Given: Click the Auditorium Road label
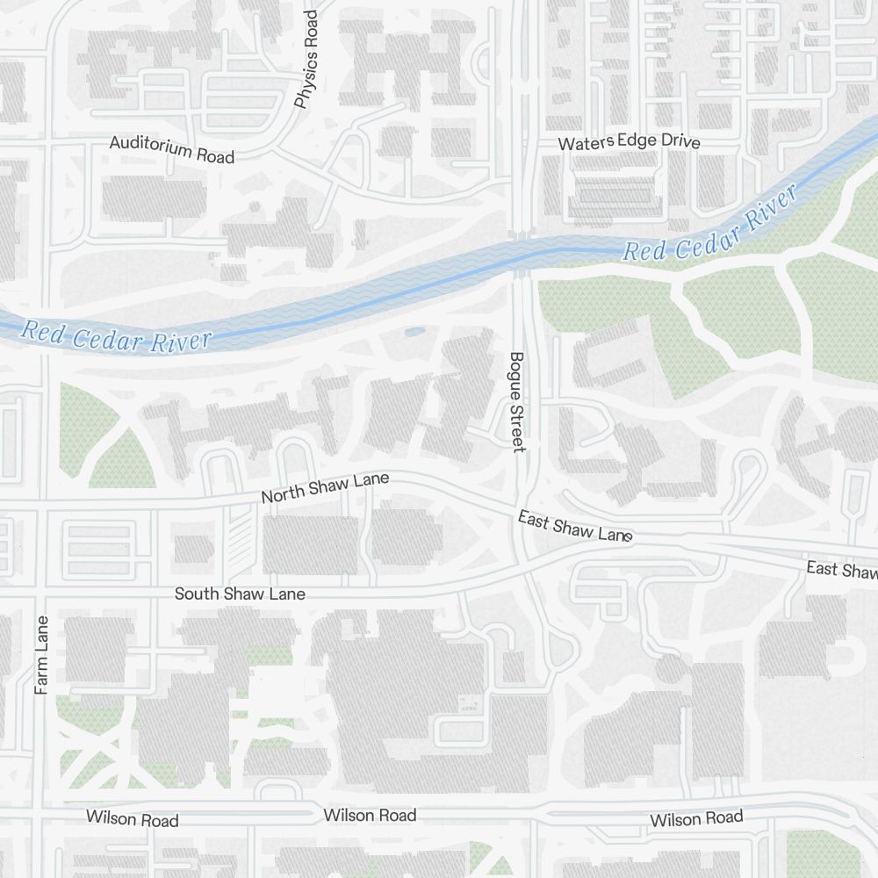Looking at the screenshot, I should (172, 149).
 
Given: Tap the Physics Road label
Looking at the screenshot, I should (306, 61).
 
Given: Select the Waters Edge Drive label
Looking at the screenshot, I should (629, 141).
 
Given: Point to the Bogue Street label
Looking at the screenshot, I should (516, 402).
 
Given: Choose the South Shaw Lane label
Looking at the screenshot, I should (240, 594).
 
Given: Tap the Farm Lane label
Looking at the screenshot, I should (41, 655).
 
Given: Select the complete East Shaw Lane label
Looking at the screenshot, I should (575, 527).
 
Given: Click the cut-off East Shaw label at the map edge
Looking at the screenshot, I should (842, 570).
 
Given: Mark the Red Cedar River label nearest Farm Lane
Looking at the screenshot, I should (117, 336).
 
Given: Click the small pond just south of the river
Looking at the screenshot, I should (414, 332).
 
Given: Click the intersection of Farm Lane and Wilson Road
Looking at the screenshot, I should (41, 815).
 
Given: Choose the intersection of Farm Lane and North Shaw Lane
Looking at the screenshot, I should (41, 508).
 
